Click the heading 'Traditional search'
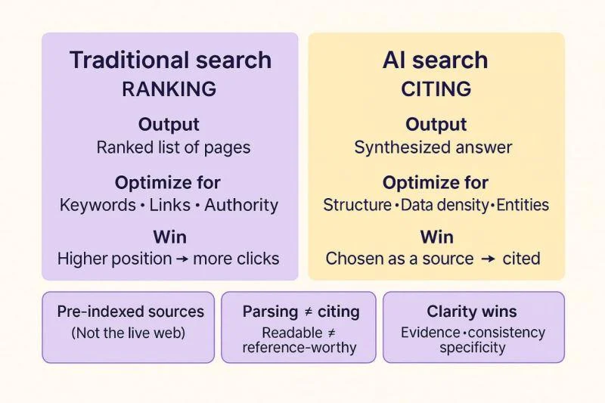click(170, 60)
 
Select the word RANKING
click(169, 89)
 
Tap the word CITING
click(436, 89)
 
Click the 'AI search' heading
click(436, 60)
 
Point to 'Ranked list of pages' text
click(173, 147)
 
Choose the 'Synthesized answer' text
click(433, 147)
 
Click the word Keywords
click(98, 206)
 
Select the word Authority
click(241, 206)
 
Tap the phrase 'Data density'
click(445, 205)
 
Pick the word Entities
click(523, 205)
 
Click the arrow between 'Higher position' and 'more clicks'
click(182, 259)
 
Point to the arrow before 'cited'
click(488, 259)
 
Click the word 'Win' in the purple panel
click(169, 237)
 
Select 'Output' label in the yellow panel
click(436, 125)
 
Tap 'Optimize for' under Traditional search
click(167, 183)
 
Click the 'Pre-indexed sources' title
click(130, 312)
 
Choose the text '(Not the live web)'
click(128, 333)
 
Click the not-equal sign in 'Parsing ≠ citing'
click(309, 312)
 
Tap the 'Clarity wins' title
click(472, 312)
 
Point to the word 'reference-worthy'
click(299, 348)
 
